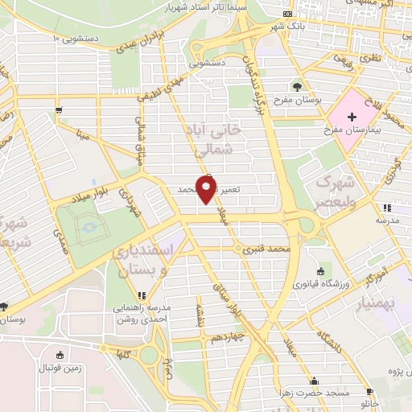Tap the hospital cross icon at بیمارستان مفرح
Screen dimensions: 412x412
(x=351, y=117)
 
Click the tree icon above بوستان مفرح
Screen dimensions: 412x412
(x=298, y=85)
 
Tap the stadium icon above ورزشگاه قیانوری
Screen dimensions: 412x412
(x=321, y=271)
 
